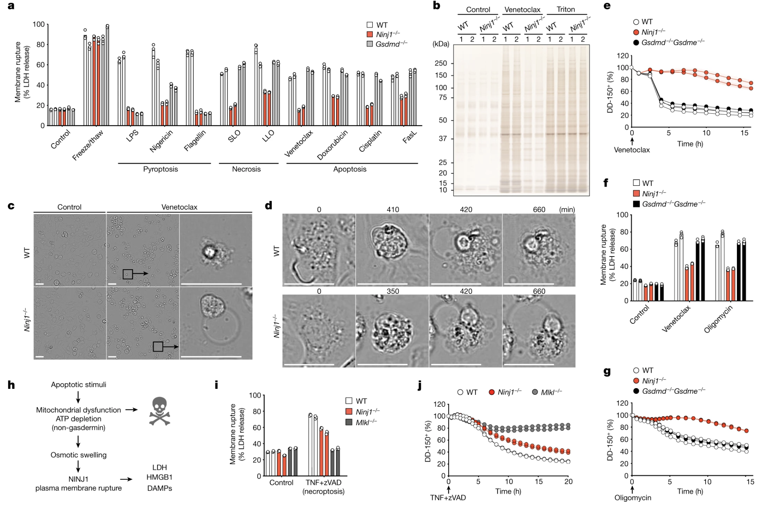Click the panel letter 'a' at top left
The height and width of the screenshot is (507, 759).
pyautogui.click(x=11, y=6)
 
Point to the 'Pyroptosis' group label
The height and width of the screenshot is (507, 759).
pyautogui.click(x=160, y=169)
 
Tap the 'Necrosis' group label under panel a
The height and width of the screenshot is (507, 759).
pyautogui.click(x=246, y=169)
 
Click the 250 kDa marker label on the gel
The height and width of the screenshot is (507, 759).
pyautogui.click(x=441, y=63)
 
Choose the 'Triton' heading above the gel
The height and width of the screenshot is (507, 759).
pyautogui.click(x=565, y=9)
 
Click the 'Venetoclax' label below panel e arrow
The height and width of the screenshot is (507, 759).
pyautogui.click(x=632, y=150)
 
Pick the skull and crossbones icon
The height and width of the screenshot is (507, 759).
pyautogui.click(x=160, y=411)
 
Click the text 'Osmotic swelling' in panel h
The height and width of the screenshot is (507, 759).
pyautogui.click(x=79, y=455)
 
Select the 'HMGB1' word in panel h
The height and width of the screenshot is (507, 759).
pyautogui.click(x=160, y=477)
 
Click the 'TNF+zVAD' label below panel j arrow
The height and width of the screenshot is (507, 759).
pyautogui.click(x=448, y=498)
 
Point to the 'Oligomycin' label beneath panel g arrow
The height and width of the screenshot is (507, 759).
pyautogui.click(x=633, y=498)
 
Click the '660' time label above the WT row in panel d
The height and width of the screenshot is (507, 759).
pyautogui.click(x=539, y=209)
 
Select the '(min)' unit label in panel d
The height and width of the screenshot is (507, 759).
pyautogui.click(x=567, y=209)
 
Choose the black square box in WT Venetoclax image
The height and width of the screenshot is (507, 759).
pyautogui.click(x=127, y=274)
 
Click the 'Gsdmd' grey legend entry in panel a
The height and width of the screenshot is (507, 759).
pyautogui.click(x=387, y=44)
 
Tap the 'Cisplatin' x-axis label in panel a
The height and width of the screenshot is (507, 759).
pyautogui.click(x=370, y=141)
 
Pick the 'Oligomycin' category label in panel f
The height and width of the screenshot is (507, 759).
pyautogui.click(x=719, y=319)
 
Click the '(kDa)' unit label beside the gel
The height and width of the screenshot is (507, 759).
pyautogui.click(x=441, y=44)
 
